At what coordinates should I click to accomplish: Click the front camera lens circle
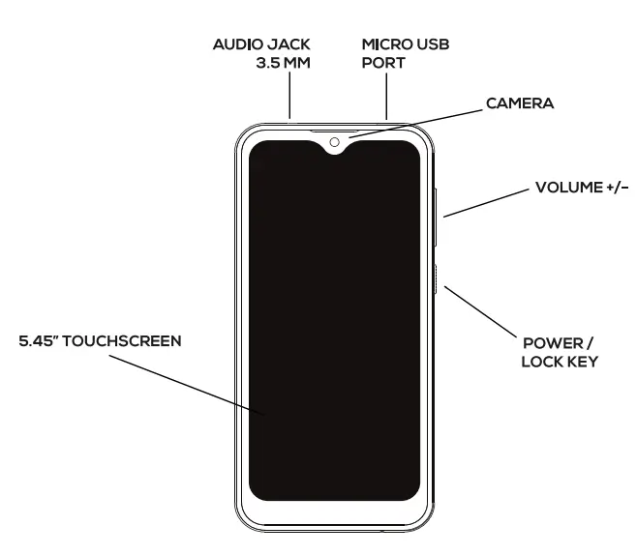[x=334, y=142]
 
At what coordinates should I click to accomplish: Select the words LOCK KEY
[x=559, y=362]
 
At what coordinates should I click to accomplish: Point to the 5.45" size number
[x=41, y=341]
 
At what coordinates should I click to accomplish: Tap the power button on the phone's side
[x=440, y=281]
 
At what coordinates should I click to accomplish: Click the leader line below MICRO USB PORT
[x=386, y=98]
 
